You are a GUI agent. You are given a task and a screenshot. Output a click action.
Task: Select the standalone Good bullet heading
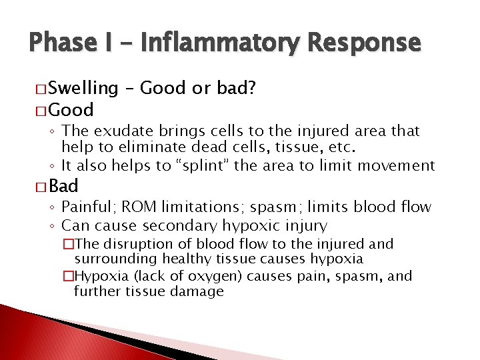pyautogui.click(x=71, y=109)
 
